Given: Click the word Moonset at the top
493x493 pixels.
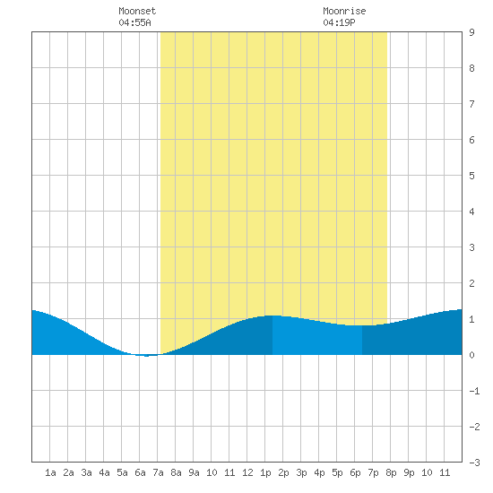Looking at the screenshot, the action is click(x=137, y=11).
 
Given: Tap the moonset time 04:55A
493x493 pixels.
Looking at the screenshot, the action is click(x=134, y=22).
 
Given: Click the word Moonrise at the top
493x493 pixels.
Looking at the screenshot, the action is click(x=344, y=11).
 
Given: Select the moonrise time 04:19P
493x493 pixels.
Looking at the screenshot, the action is click(x=339, y=22).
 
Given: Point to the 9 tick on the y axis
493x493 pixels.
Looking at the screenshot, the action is click(x=471, y=32).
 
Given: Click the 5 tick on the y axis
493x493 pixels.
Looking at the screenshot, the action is click(x=471, y=176).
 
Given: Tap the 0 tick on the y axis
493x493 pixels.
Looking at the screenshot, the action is click(x=471, y=355).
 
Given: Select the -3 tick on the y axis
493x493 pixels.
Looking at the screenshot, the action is click(x=474, y=463).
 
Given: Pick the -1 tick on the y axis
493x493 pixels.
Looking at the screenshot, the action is click(x=474, y=391).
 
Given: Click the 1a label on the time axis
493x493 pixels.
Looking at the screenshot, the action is click(x=50, y=472).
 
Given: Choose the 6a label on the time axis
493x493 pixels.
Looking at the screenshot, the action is click(x=140, y=472).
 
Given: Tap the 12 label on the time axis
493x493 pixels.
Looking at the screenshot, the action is click(x=247, y=472).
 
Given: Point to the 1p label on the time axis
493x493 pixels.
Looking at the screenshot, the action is click(x=265, y=472).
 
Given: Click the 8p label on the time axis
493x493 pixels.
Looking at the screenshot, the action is click(x=391, y=472).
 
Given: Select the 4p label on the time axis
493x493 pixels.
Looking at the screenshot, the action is click(x=319, y=472).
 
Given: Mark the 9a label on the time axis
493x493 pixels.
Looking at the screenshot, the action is click(x=194, y=472).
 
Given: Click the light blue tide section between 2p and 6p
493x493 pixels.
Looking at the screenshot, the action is click(x=317, y=337).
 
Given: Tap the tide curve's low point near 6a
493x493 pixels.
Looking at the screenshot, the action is click(x=146, y=356).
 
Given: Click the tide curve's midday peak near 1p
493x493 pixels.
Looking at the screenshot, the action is click(x=272, y=316).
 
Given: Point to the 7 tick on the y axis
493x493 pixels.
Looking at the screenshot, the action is click(x=471, y=104).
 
